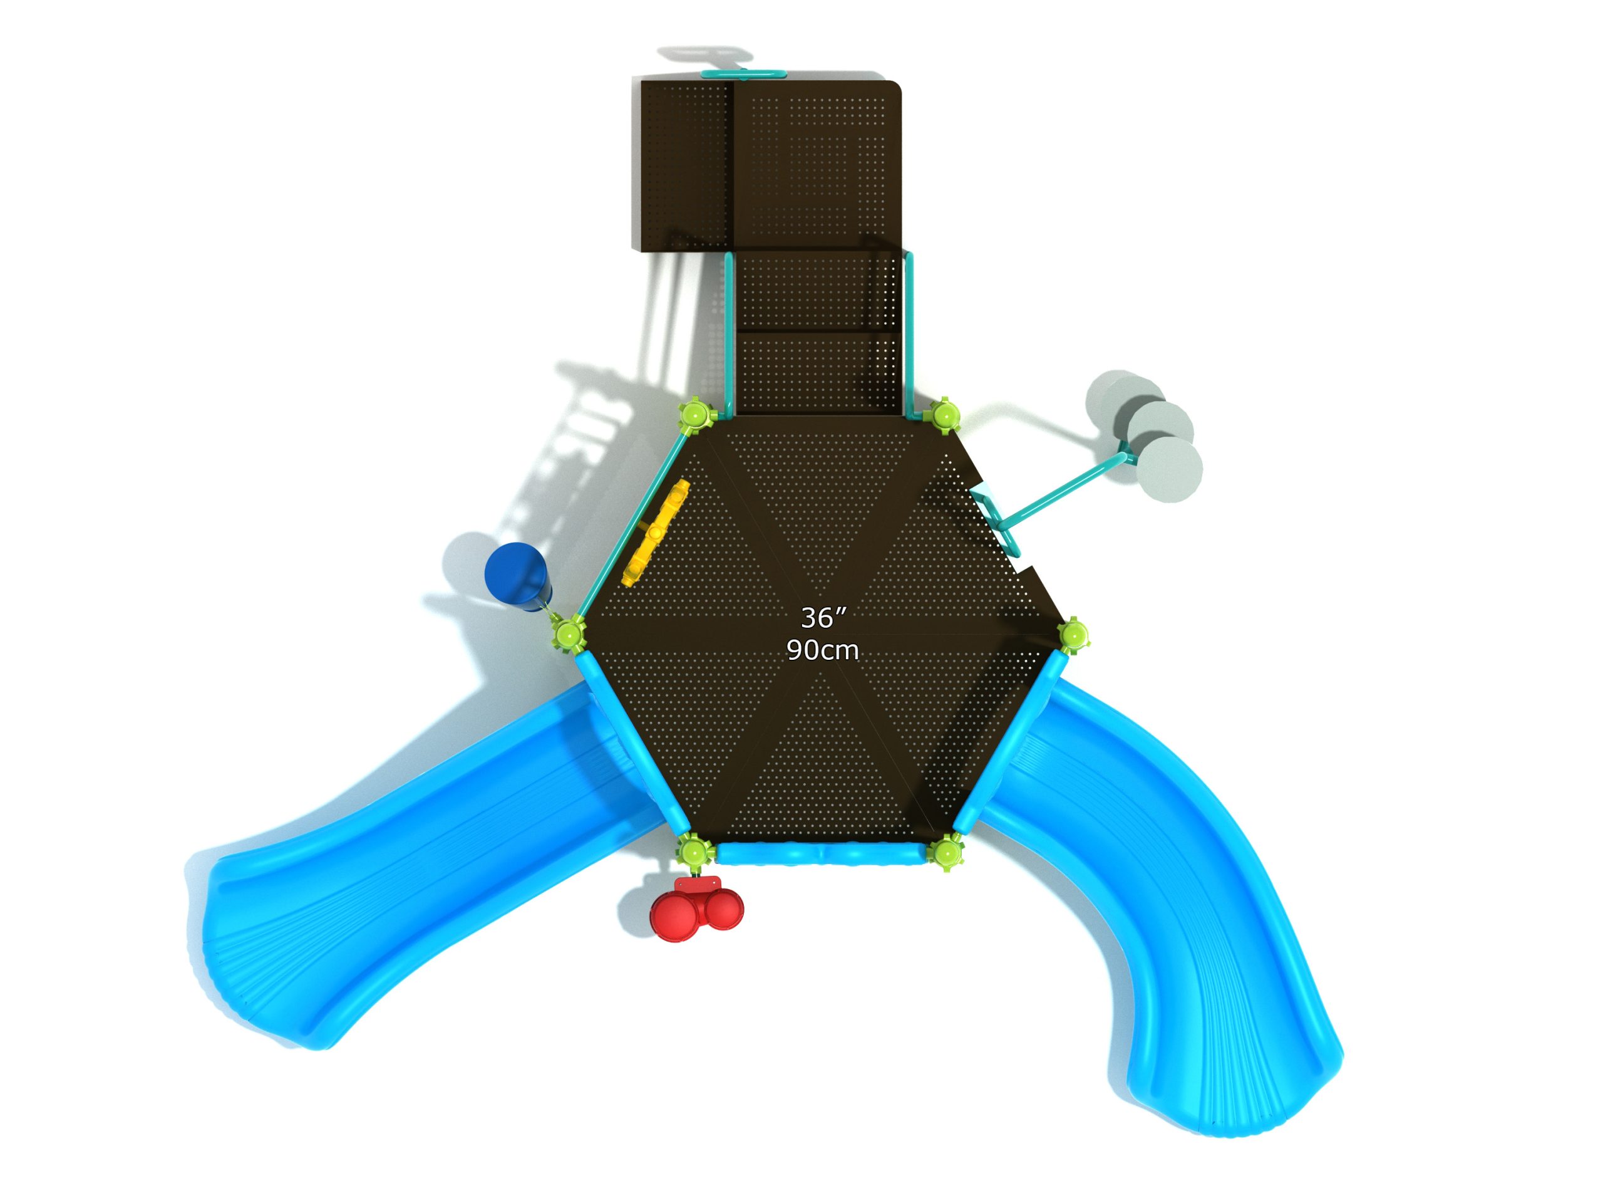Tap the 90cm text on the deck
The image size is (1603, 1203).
coord(823,650)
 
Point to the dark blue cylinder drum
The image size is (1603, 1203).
coord(516,573)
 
